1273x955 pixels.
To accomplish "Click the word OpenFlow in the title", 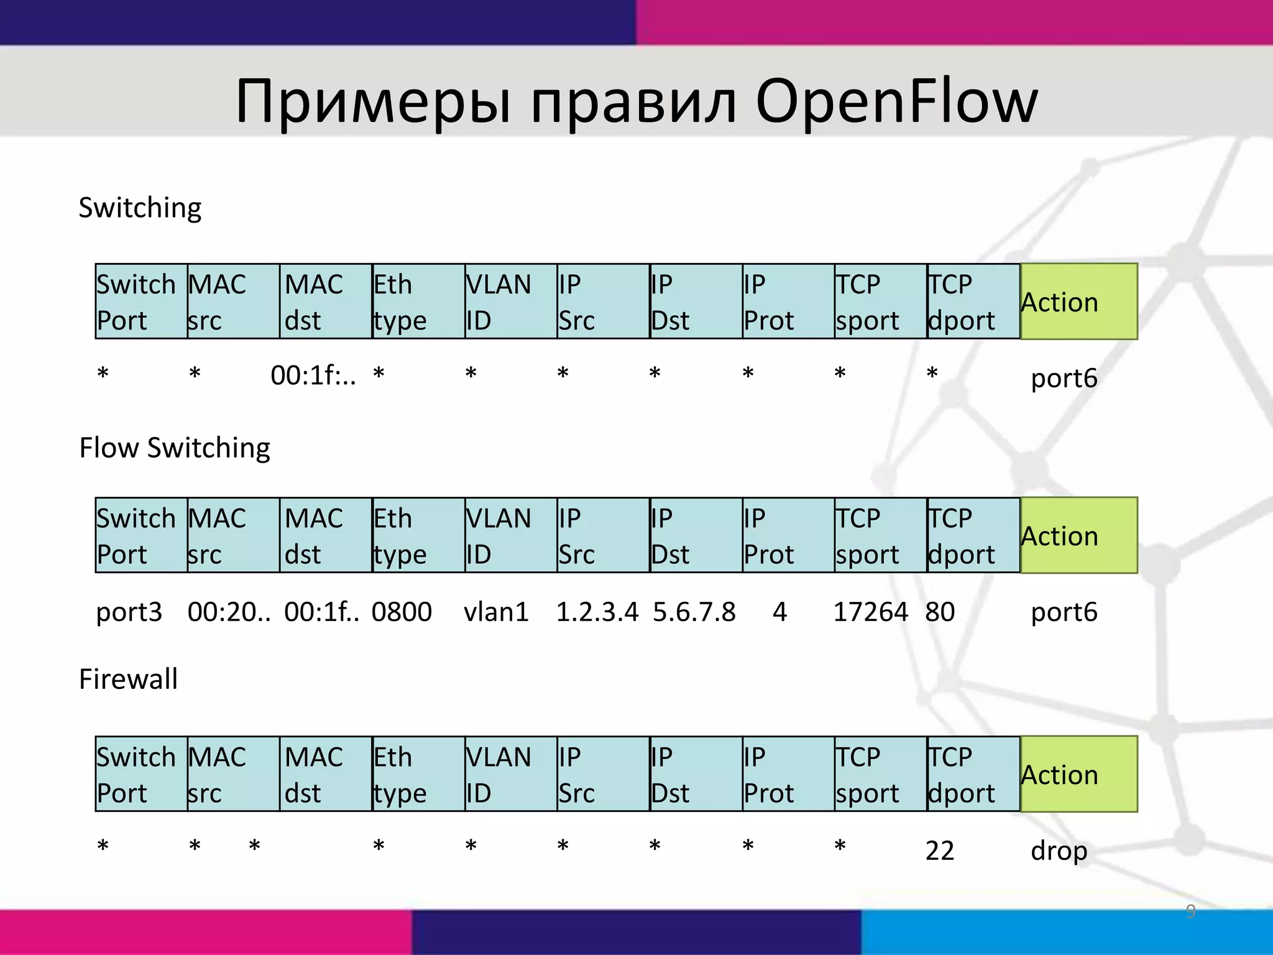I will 896,101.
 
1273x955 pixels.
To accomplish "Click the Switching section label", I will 140,208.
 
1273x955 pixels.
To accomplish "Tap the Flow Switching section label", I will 175,448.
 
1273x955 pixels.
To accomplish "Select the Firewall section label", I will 128,678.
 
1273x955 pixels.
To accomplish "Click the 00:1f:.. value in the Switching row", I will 313,376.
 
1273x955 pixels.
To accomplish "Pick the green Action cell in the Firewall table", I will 1078,774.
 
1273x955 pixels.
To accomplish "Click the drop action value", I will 1059,851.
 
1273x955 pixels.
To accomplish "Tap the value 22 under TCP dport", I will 939,851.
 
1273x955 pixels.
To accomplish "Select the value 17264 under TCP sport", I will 870,612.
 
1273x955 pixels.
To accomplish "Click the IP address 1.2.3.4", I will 597,612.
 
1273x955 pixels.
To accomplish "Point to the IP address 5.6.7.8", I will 694,612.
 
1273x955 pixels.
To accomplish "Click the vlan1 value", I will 496,612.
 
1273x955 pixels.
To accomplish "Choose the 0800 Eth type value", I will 402,612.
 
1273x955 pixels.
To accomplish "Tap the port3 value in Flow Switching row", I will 129,612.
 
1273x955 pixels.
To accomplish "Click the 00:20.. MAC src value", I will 229,612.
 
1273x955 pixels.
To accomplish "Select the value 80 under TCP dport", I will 939,612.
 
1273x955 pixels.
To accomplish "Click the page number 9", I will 1190,911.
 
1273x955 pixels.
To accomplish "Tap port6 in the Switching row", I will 1064,378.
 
